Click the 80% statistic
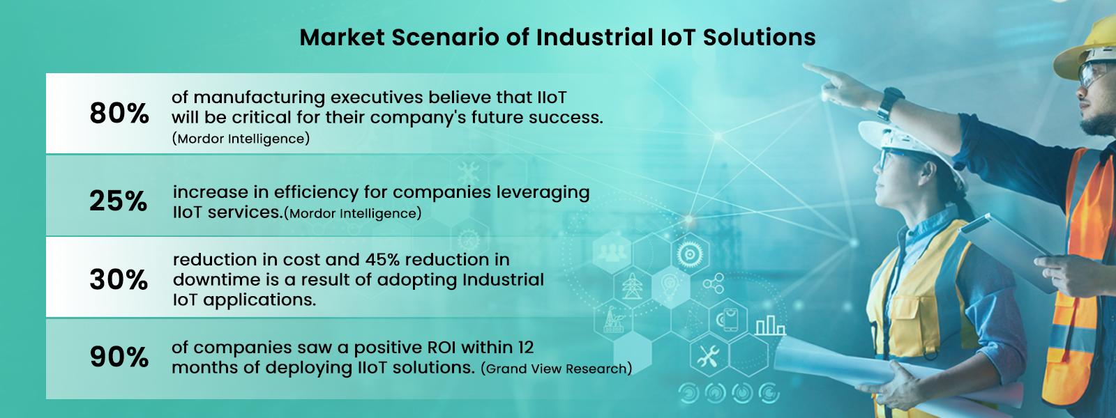pos(119,114)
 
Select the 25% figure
pos(119,201)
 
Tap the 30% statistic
pos(119,280)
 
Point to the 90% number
pos(119,357)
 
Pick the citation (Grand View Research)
pos(556,369)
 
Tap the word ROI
pos(437,348)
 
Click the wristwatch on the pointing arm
pos(889,103)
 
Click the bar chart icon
pos(769,325)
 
